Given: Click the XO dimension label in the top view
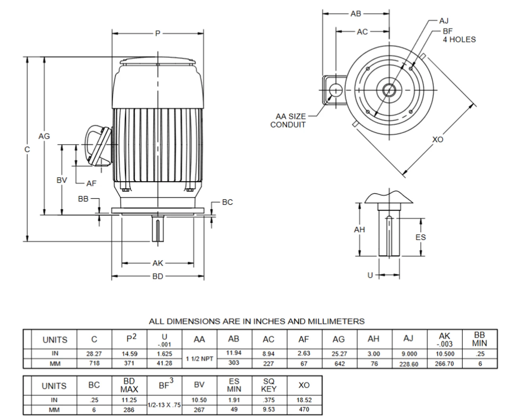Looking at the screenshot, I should [x=437, y=140].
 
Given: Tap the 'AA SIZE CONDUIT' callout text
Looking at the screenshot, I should [x=288, y=121].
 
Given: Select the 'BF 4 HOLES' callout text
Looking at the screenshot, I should [x=459, y=35].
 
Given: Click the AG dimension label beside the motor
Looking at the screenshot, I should [x=44, y=136].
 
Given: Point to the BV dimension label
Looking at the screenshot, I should [x=62, y=180].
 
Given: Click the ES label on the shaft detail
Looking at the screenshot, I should [x=420, y=237].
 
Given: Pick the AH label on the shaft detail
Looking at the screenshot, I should [x=359, y=230].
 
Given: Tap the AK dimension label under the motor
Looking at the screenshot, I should [x=158, y=263].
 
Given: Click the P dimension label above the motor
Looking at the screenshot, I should [x=158, y=34].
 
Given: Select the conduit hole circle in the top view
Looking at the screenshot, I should [x=335, y=90].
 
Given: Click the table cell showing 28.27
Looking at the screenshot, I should [x=94, y=354].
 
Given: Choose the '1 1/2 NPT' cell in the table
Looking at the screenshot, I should [x=200, y=359].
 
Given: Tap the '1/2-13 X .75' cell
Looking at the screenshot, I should [x=164, y=405].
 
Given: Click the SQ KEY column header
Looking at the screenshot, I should [x=269, y=385].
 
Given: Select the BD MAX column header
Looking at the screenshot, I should [x=129, y=385].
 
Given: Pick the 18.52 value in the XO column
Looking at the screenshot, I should [x=304, y=400].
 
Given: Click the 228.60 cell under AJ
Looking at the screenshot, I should [x=409, y=364].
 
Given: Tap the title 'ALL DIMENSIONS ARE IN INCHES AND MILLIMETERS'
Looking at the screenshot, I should [x=256, y=321].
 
